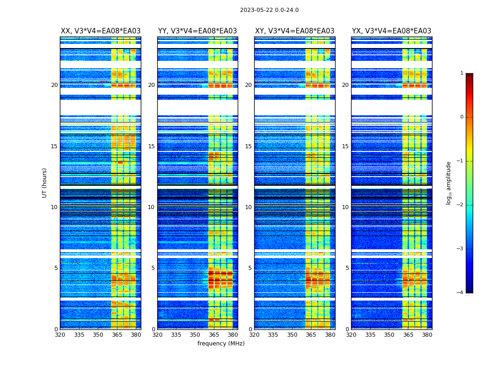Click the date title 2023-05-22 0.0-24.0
[x=269, y=10]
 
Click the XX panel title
[x=101, y=31]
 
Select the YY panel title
[x=197, y=31]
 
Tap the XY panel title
[x=294, y=31]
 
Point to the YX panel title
[x=391, y=31]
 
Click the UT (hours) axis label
[x=45, y=183]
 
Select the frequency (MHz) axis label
[x=221, y=344]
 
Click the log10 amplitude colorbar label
[x=449, y=183]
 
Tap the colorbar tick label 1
[x=462, y=73]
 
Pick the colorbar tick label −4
[x=460, y=293]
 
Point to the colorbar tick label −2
[x=460, y=205]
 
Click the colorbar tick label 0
[x=462, y=117]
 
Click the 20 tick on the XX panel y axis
[x=54, y=85]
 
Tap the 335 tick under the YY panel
[x=176, y=335]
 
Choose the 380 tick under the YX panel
[x=427, y=335]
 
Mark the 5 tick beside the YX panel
[x=347, y=268]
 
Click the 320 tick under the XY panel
[x=254, y=335]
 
